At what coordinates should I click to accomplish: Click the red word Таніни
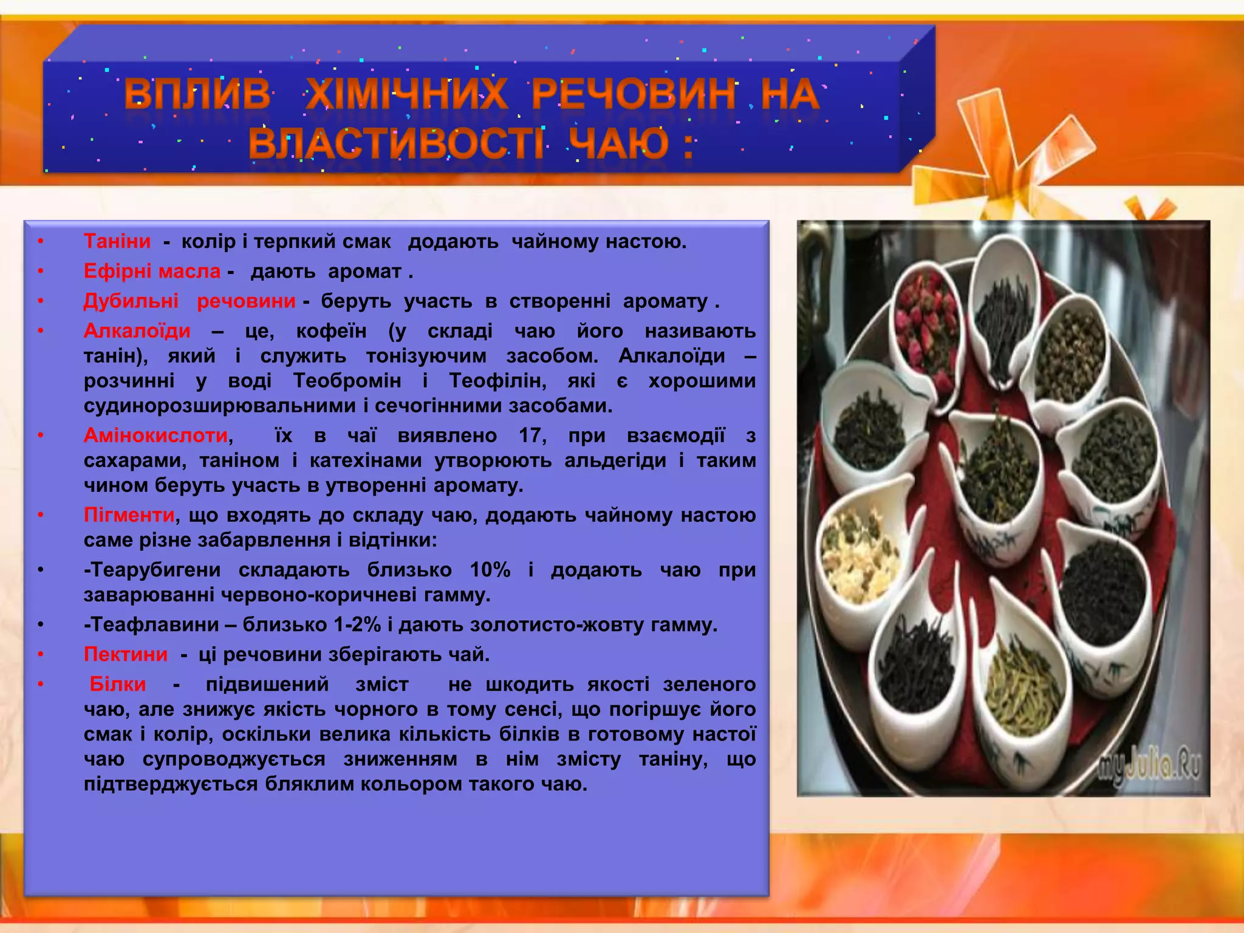(x=117, y=241)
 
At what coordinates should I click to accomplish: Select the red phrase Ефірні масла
(x=152, y=271)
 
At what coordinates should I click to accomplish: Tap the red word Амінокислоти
(x=156, y=435)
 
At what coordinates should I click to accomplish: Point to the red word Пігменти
(x=129, y=514)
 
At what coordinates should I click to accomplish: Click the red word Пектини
(x=126, y=654)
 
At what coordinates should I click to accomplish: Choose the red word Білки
(x=118, y=684)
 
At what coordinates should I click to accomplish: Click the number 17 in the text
(x=531, y=435)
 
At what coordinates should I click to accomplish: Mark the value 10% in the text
(x=490, y=569)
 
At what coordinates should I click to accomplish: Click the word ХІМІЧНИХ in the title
(x=406, y=94)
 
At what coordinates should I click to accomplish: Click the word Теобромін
(x=347, y=380)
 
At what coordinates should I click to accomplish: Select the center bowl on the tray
(x=996, y=474)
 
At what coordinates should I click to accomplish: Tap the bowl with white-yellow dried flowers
(x=860, y=556)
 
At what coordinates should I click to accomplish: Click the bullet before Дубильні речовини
(x=40, y=301)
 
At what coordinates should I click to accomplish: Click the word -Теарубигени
(x=152, y=569)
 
